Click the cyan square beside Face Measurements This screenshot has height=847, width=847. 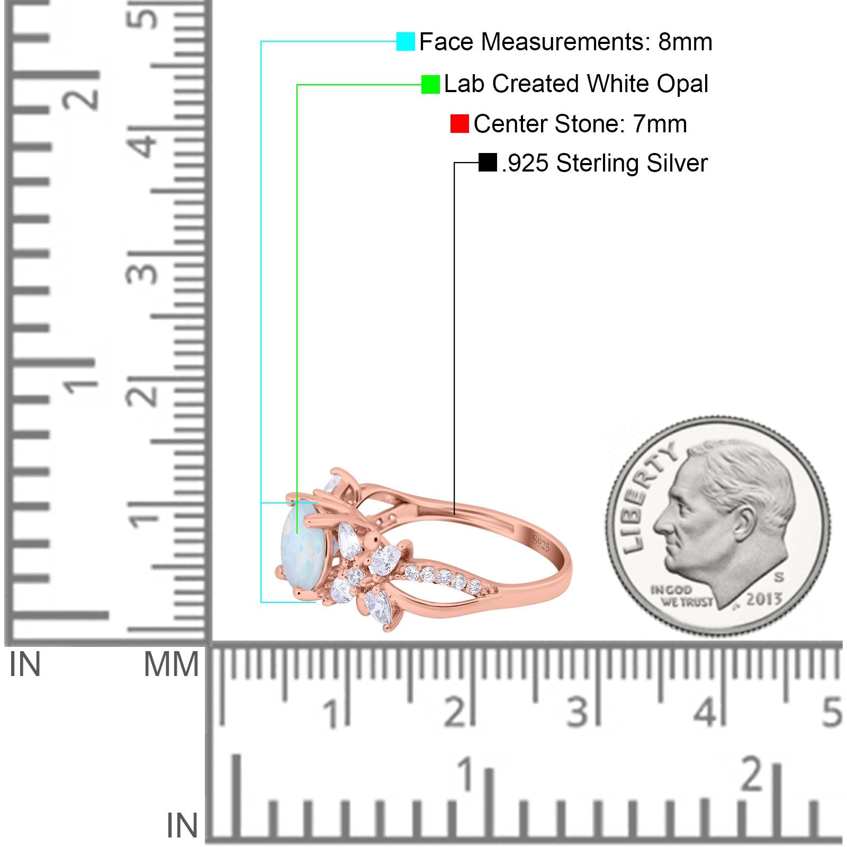(x=406, y=41)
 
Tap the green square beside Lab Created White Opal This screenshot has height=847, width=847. (x=430, y=84)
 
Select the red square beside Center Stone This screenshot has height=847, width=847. (x=459, y=123)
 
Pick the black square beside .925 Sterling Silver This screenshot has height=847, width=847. (x=488, y=163)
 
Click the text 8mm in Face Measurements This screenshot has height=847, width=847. (x=685, y=42)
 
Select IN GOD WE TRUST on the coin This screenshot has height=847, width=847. (x=681, y=596)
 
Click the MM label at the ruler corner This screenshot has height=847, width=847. (x=172, y=664)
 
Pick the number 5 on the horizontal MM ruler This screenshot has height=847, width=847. (x=832, y=711)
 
